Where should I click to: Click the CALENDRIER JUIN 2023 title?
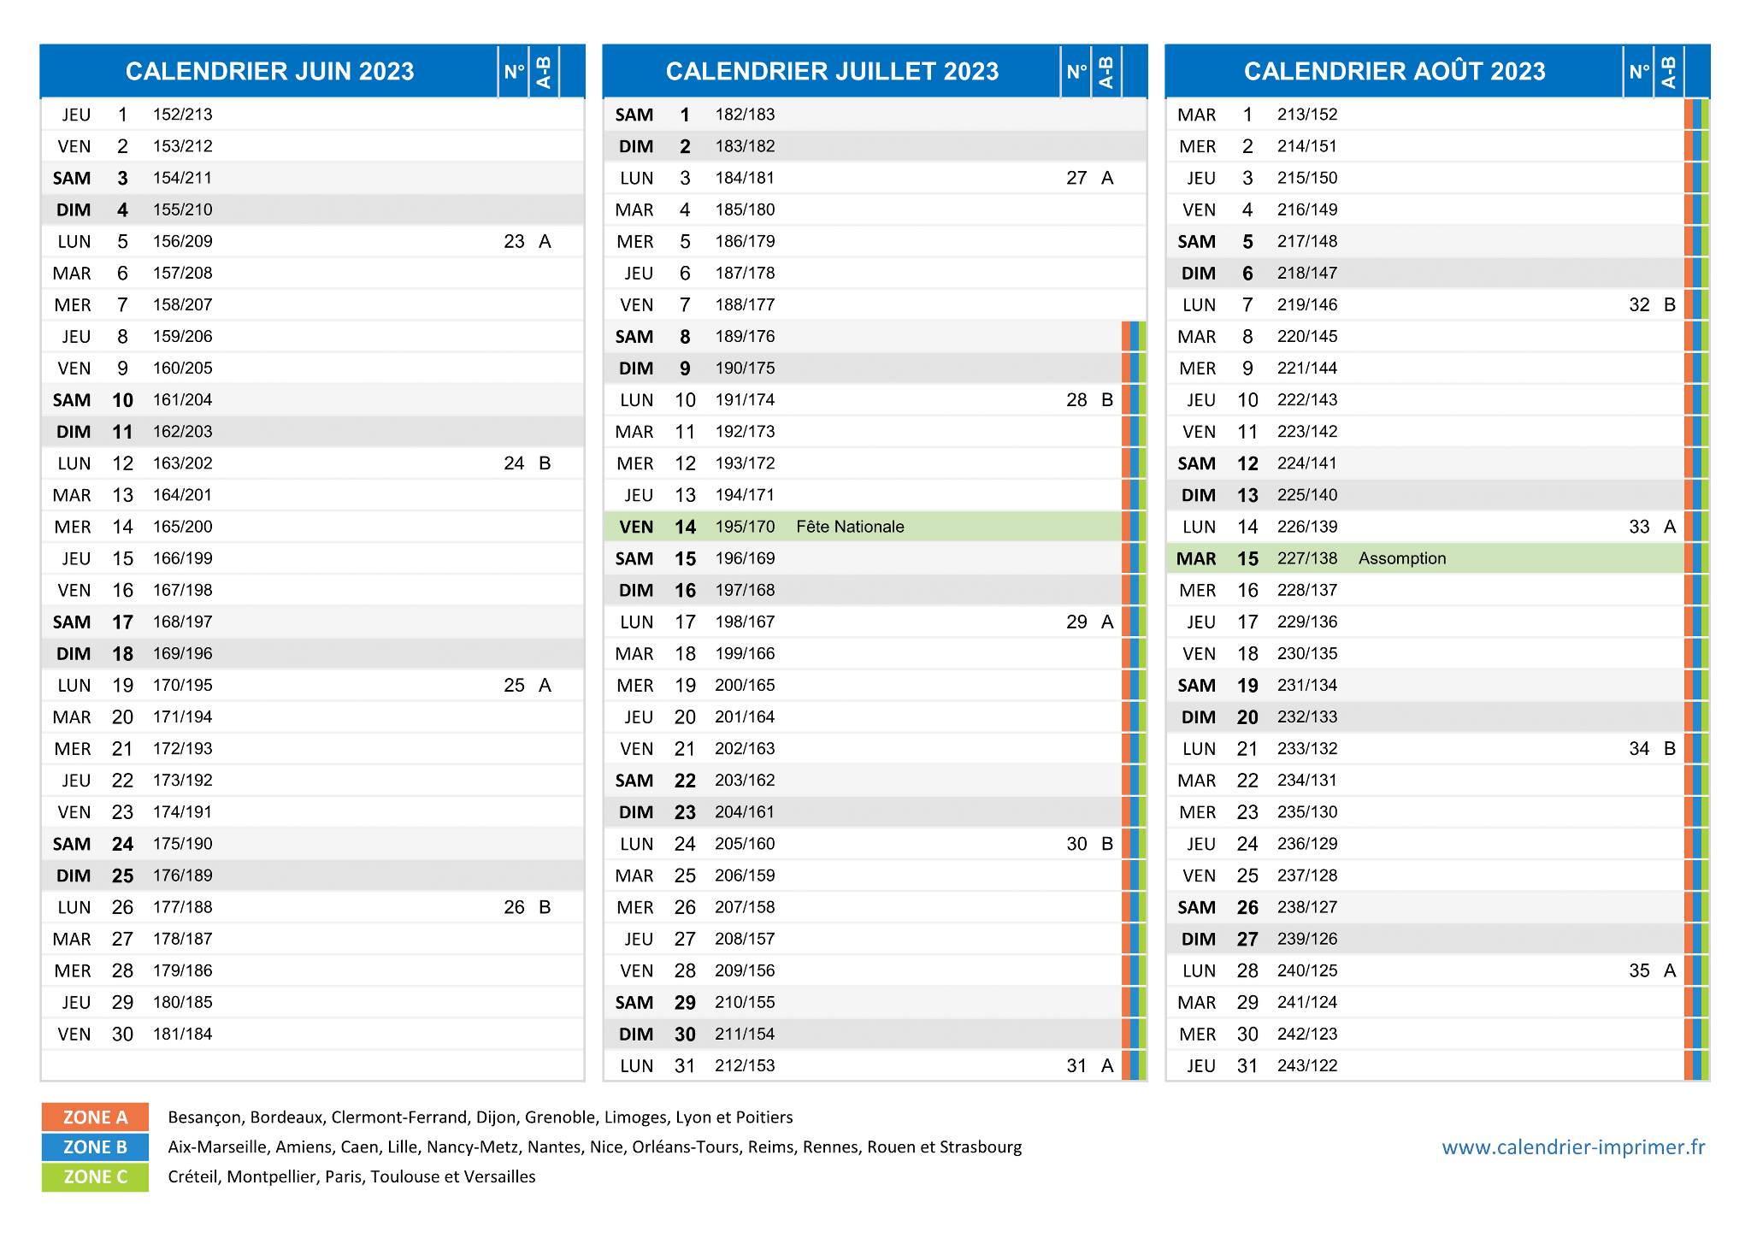coord(270,71)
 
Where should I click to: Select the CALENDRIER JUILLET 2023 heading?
coord(832,71)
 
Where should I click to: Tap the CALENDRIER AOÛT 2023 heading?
coord(1394,71)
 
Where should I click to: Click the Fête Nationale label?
coord(850,527)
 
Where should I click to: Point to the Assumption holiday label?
coord(1402,558)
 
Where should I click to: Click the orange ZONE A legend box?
coord(95,1117)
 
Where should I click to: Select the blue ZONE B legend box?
coord(95,1147)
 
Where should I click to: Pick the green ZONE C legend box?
coord(95,1177)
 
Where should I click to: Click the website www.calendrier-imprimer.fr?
coord(1573,1147)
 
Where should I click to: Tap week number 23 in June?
coord(514,242)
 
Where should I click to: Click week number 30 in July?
coord(1076,844)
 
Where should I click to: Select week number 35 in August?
coord(1639,970)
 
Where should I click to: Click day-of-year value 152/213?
coord(183,115)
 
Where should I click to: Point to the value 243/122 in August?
coord(1307,1066)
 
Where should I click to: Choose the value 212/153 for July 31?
coord(745,1066)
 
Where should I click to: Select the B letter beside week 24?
coord(545,463)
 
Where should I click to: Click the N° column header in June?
coord(514,72)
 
